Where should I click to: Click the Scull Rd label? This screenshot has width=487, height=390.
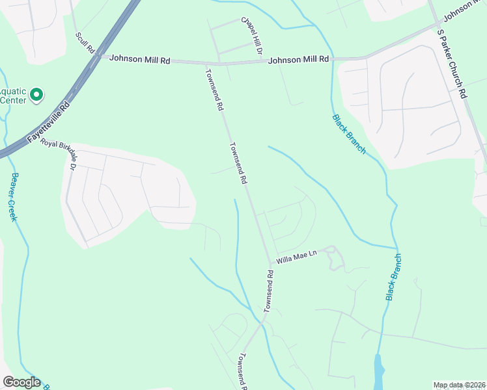[85, 43]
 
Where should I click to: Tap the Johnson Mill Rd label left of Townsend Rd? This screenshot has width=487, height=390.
[139, 59]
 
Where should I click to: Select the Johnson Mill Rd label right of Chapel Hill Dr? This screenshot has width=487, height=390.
[299, 59]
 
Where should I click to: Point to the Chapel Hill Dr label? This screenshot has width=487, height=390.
[252, 36]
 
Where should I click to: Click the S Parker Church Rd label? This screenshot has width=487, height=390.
[452, 63]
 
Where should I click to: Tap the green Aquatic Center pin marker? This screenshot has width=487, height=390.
[36, 96]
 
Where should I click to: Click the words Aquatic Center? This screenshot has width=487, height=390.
[13, 96]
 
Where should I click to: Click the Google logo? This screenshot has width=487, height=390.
[21, 382]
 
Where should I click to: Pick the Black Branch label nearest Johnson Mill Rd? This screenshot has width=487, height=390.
[349, 134]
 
